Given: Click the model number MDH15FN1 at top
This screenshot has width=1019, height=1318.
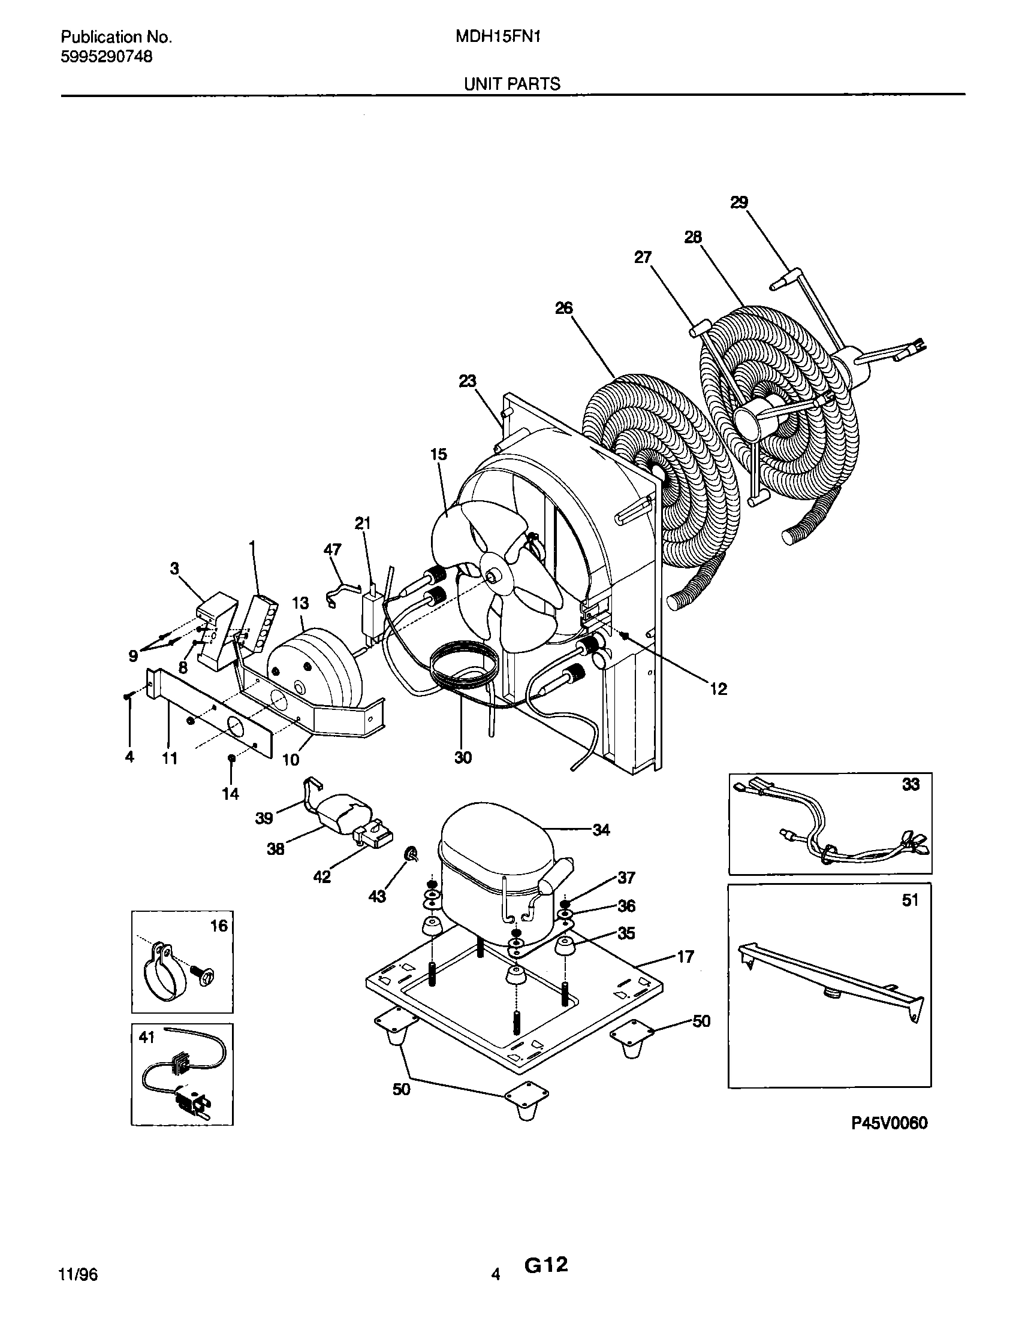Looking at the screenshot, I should point(498,37).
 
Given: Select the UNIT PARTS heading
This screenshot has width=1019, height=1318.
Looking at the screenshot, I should point(512,84).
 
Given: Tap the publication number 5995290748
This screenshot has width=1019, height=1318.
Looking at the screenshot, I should point(106,57).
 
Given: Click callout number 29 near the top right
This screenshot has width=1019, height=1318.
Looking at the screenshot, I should point(739,202).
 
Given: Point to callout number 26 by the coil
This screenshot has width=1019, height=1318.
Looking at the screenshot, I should point(563,309).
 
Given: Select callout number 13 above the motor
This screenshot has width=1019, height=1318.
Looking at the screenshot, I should point(300,603).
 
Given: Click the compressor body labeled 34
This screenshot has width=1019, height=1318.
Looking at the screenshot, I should point(483,869).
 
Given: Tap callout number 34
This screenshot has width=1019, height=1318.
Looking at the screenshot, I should point(601,830).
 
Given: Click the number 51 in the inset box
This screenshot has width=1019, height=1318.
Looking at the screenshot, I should point(909,900).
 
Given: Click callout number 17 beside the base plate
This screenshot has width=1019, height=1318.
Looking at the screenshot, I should point(685,957).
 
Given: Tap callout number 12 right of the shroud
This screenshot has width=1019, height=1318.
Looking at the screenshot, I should point(718,688).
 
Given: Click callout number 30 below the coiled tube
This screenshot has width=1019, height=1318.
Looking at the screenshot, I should point(463,757).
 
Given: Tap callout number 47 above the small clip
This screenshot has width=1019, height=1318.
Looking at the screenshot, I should point(332,549).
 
